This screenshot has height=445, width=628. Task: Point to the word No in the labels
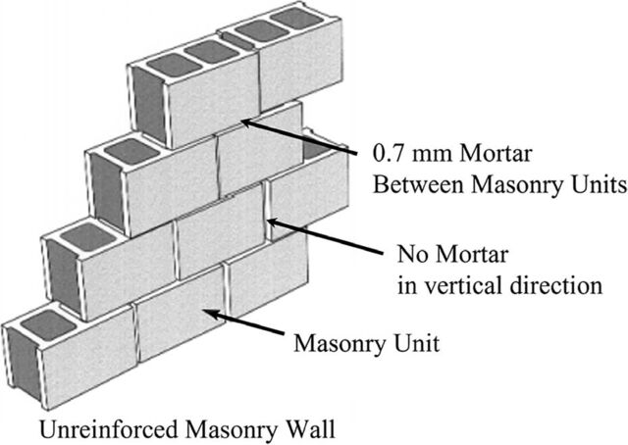(x=412, y=255)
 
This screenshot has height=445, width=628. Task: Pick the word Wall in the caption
(x=310, y=429)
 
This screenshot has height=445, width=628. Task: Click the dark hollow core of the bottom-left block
(x=48, y=325)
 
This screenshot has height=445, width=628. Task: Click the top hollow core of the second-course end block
(x=88, y=237)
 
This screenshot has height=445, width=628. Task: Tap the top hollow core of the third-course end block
(x=131, y=151)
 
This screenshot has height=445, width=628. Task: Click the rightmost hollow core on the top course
(x=297, y=18)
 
